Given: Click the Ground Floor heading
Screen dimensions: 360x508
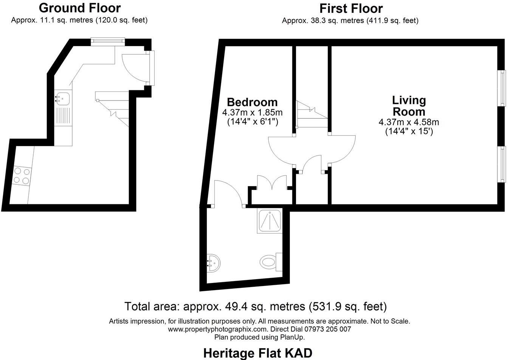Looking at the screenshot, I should (79, 8).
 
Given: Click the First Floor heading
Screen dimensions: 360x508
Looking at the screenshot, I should (351, 8).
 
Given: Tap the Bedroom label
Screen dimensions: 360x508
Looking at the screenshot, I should (252, 102).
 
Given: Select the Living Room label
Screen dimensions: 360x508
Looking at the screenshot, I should (409, 106).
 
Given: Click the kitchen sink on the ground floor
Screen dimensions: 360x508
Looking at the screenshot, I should (62, 98).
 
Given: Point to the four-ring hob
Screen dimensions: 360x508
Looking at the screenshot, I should (21, 176).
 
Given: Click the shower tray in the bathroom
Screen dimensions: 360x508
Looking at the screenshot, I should (269, 221).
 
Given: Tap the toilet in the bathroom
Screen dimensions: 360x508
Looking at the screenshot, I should (269, 261).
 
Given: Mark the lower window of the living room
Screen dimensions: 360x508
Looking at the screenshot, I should (503, 164).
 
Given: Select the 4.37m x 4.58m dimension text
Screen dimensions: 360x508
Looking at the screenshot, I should (409, 122).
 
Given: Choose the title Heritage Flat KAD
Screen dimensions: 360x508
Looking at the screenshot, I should (258, 353).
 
